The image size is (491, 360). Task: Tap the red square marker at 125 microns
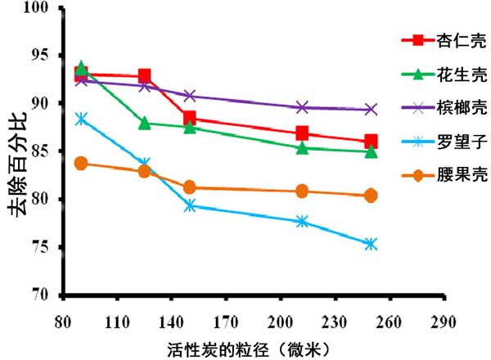click(x=145, y=76)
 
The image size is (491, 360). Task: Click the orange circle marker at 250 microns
click(x=371, y=196)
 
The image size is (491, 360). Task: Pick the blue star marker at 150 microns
click(x=190, y=205)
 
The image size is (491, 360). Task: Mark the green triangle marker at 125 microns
click(x=145, y=124)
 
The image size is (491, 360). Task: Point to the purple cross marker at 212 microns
click(x=302, y=107)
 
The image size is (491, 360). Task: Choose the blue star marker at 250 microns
click(x=371, y=244)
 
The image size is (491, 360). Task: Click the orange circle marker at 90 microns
click(x=81, y=164)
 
